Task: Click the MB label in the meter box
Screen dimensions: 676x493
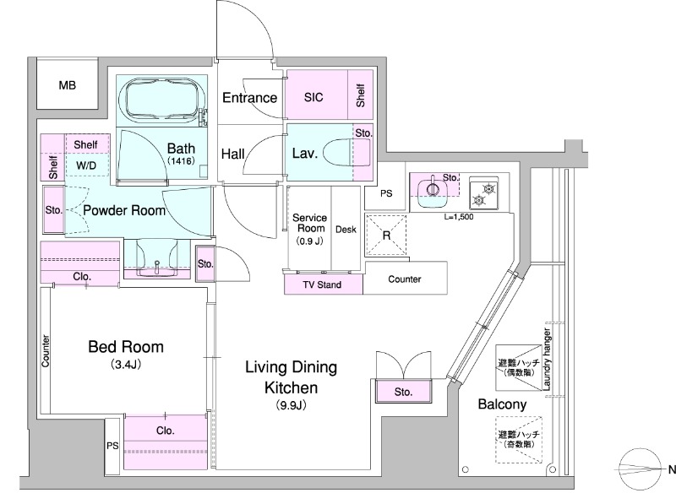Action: (68, 85)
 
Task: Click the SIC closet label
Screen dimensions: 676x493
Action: (313, 97)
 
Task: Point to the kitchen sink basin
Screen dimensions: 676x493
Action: (433, 188)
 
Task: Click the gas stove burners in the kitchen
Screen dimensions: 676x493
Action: (483, 194)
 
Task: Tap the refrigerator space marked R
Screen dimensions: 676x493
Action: (386, 236)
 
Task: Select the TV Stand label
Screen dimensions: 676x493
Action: (322, 284)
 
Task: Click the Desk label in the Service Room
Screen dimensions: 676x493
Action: (346, 230)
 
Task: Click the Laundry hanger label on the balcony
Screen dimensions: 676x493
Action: (547, 360)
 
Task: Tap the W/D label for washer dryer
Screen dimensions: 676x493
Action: (86, 165)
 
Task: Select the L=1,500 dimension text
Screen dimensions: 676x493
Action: (459, 217)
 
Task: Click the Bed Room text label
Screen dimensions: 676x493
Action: (126, 347)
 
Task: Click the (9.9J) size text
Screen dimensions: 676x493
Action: (291, 405)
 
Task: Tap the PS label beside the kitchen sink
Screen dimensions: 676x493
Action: (386, 193)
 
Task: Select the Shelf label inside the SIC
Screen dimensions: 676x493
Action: (361, 95)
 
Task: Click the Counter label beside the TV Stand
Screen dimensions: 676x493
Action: (405, 279)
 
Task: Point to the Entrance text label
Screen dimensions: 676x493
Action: (249, 98)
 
